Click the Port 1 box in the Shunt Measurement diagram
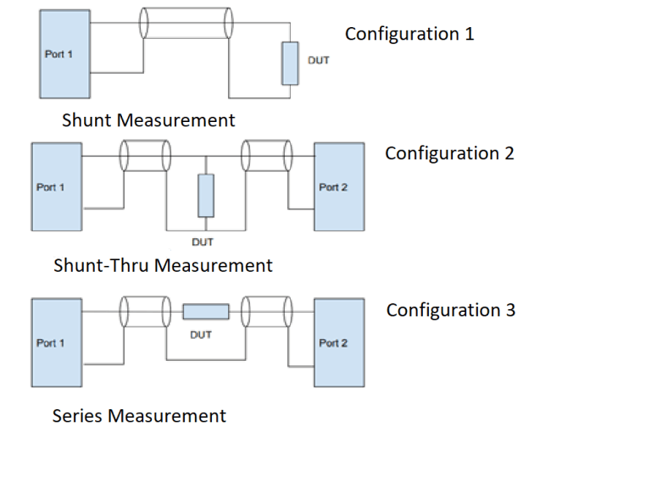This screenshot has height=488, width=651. click(x=64, y=54)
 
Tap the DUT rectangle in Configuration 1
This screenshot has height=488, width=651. click(x=291, y=63)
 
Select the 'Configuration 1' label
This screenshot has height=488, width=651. click(x=409, y=34)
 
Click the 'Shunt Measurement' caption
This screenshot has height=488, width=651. click(x=148, y=120)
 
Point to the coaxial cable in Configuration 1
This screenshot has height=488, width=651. click(x=186, y=23)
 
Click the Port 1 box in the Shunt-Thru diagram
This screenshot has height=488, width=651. click(x=56, y=186)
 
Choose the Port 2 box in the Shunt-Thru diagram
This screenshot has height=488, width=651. click(x=339, y=186)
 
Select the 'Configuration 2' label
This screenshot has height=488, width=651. click(x=449, y=153)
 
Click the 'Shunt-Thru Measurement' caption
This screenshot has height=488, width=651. click(x=163, y=265)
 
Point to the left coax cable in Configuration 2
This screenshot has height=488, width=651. click(x=144, y=156)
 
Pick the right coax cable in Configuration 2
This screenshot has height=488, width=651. click(x=266, y=156)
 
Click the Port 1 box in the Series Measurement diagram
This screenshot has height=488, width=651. click(x=56, y=341)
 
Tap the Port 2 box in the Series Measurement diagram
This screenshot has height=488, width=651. click(x=339, y=341)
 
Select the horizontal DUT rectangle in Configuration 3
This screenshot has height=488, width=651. click(x=206, y=312)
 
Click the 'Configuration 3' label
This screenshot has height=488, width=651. click(x=450, y=310)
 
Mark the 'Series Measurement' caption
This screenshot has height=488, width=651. click(x=139, y=416)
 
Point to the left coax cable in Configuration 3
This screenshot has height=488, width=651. click(x=144, y=312)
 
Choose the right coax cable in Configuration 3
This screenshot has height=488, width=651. click(x=266, y=312)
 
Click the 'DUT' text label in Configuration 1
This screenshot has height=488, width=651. click(x=318, y=61)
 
